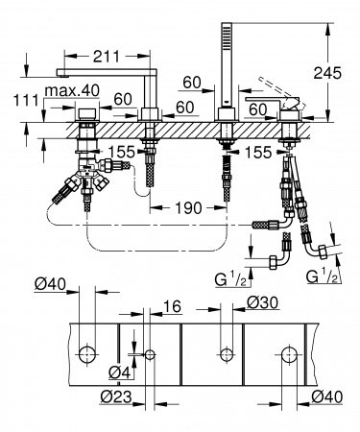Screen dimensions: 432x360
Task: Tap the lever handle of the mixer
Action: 272,97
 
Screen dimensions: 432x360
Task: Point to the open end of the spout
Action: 60,76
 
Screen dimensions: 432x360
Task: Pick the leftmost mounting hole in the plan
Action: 87,352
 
